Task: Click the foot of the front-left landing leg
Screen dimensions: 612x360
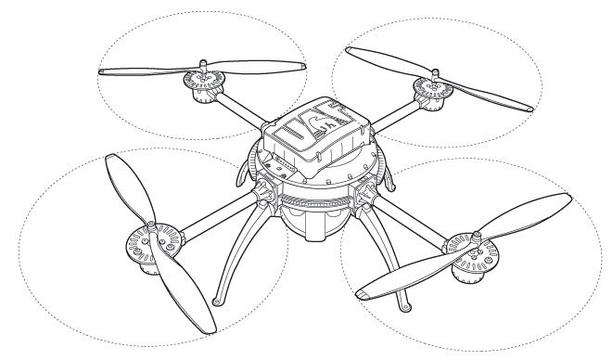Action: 216,301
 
